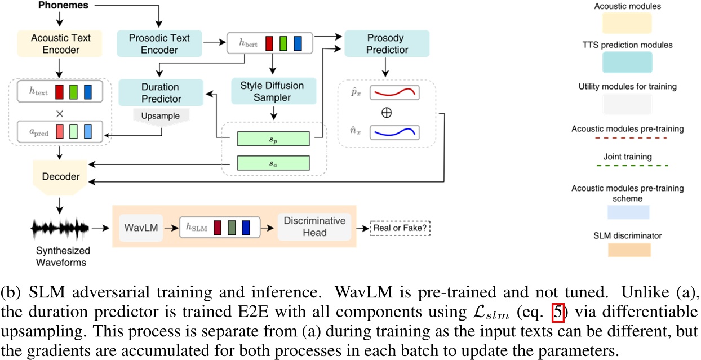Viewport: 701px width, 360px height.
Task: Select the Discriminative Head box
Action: tap(314, 228)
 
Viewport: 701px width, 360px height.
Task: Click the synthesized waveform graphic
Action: tap(60, 229)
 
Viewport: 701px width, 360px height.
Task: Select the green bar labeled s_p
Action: tap(273, 139)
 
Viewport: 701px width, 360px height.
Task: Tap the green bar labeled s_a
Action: tap(273, 163)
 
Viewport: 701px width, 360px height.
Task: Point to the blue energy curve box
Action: tap(394, 133)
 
